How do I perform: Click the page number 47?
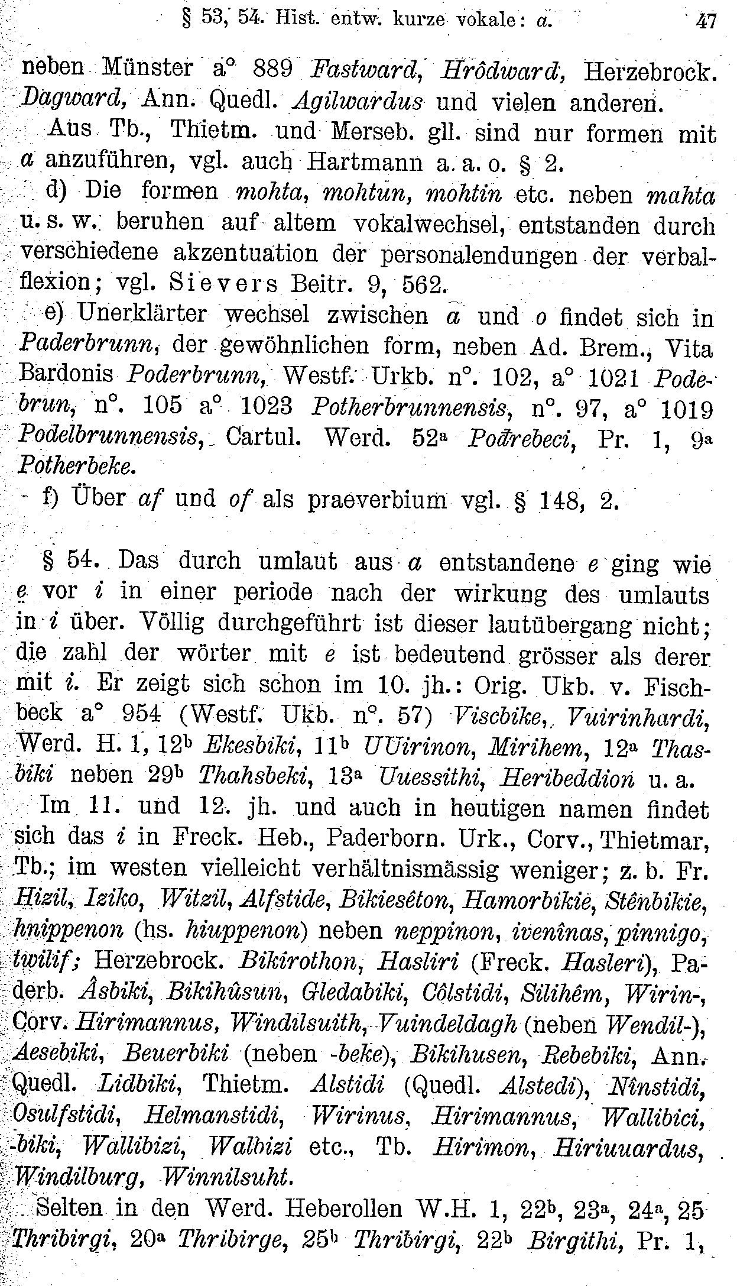click(706, 22)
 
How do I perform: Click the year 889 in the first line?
click(273, 69)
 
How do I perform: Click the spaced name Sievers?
click(223, 284)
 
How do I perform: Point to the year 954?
click(141, 714)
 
